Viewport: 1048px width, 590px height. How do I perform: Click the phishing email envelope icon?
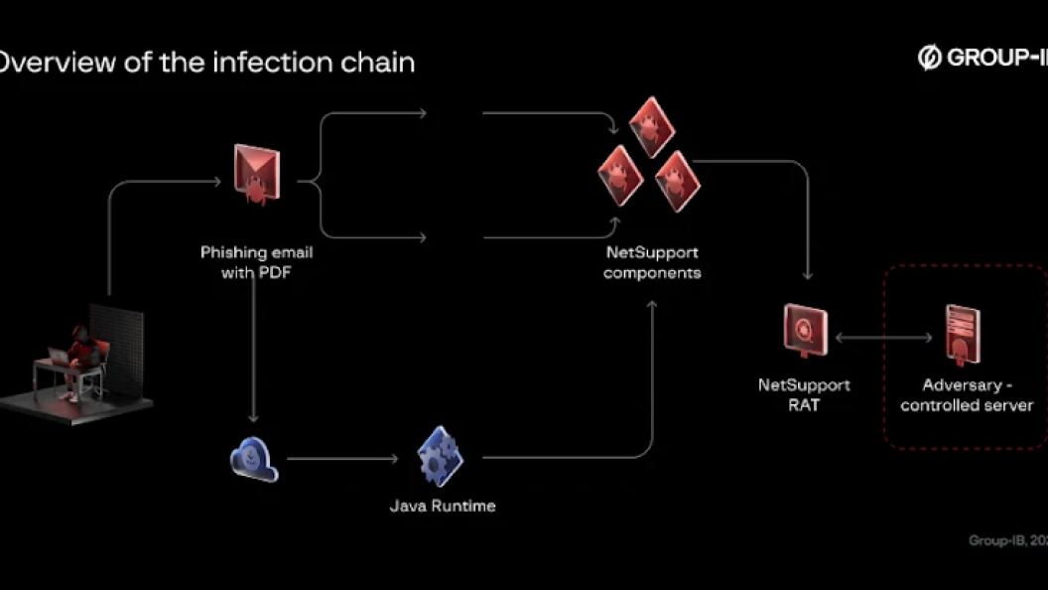pos(256,175)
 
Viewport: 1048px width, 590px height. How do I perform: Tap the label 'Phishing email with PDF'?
pos(256,261)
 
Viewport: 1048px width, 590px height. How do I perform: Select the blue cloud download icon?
pos(254,459)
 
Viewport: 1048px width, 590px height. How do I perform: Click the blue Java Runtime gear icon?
pos(440,456)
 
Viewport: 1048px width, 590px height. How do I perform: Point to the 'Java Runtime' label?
pos(442,506)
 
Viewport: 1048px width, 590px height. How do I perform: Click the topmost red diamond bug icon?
pos(651,125)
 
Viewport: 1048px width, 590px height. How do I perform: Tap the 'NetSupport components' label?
pos(652,262)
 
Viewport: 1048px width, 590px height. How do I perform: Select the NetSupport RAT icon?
pos(805,329)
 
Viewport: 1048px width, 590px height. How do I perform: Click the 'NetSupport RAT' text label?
pos(804,394)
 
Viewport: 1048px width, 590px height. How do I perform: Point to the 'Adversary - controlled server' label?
pos(967,394)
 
